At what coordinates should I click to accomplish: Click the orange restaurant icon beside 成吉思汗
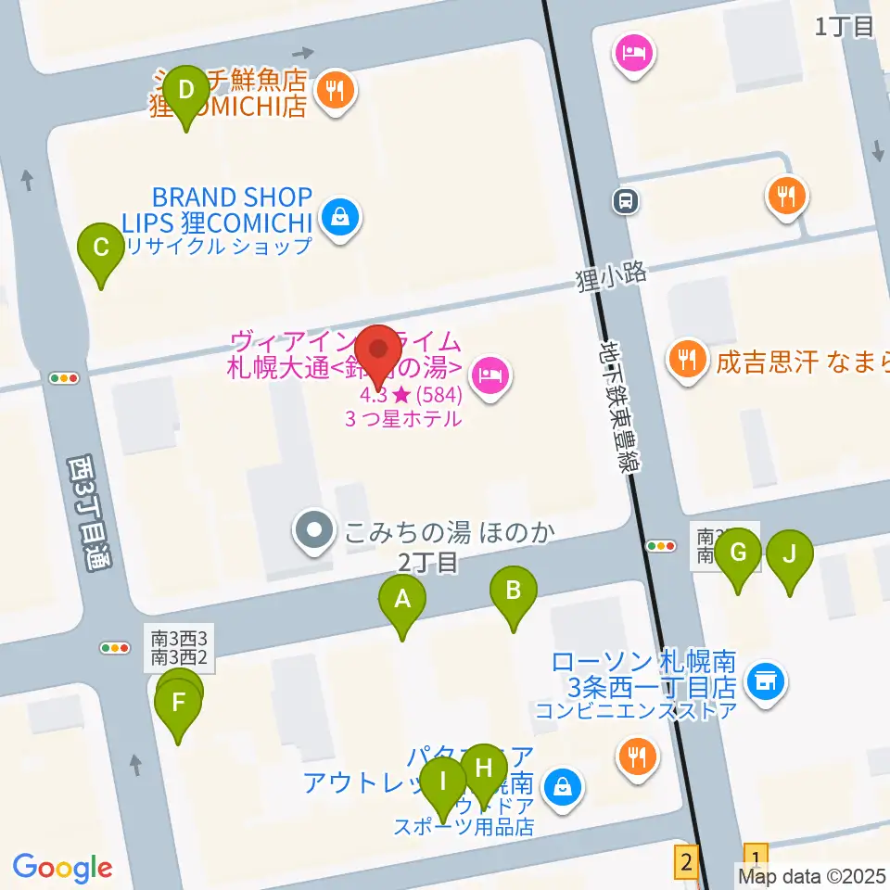click(687, 359)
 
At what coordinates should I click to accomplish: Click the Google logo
click(62, 867)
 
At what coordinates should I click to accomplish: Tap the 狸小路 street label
click(610, 274)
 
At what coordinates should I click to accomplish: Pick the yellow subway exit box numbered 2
click(686, 860)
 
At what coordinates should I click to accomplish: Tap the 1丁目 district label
click(845, 27)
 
